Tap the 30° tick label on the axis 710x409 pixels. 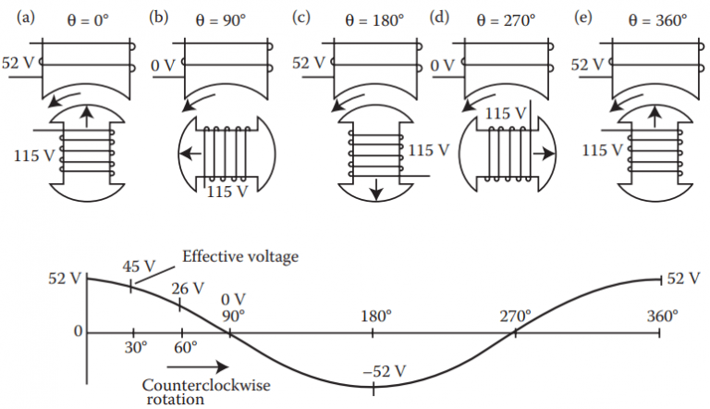134,348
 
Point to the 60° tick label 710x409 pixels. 185,348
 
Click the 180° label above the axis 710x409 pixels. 375,316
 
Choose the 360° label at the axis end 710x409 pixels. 663,316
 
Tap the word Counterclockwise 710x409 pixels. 195,386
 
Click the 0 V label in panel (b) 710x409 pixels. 163,65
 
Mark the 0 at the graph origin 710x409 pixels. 79,331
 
